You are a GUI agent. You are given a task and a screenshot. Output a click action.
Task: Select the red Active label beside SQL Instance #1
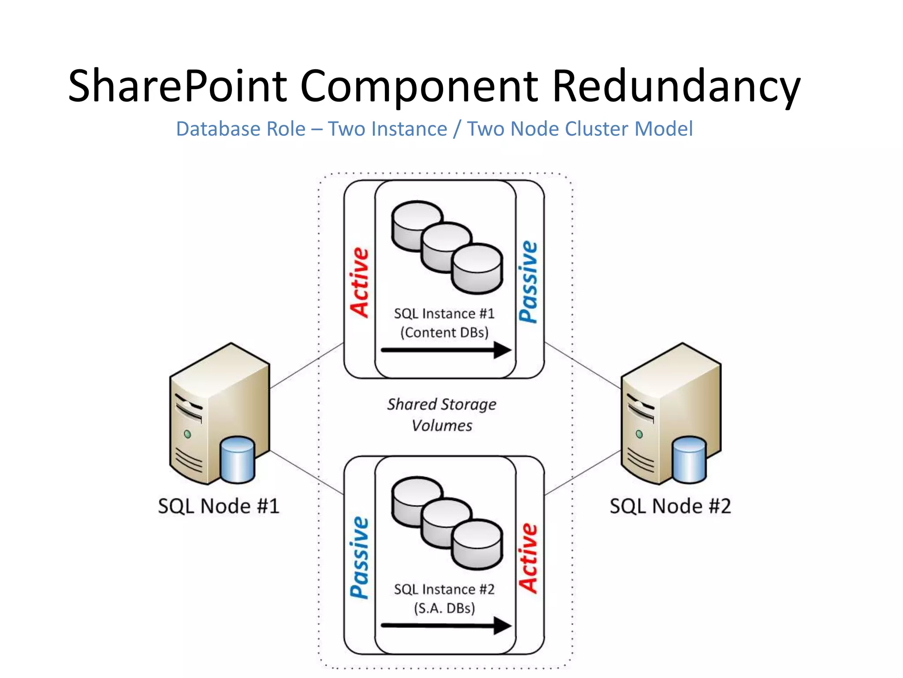[x=359, y=282]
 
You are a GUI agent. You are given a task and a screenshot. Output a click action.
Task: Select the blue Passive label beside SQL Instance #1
[x=529, y=282]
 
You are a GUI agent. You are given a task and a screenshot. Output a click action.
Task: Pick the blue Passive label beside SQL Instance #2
[x=359, y=558]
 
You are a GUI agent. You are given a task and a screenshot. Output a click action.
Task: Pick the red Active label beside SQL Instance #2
[x=529, y=558]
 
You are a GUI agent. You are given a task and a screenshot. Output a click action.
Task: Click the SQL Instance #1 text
[x=444, y=313]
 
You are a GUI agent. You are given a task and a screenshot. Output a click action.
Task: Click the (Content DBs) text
[x=444, y=332]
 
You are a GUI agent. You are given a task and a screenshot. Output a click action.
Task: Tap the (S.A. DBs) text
[x=444, y=608]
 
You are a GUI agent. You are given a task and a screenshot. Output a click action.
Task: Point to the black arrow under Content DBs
[x=445, y=350]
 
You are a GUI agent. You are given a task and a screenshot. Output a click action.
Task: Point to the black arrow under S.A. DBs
[x=445, y=625]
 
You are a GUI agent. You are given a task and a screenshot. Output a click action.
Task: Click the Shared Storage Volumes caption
[x=442, y=415]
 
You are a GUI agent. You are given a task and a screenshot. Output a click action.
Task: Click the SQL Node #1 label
[x=219, y=506]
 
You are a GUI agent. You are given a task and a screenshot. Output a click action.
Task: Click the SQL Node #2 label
[x=670, y=506]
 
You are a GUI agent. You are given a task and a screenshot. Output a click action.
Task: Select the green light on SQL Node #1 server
[x=187, y=434]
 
